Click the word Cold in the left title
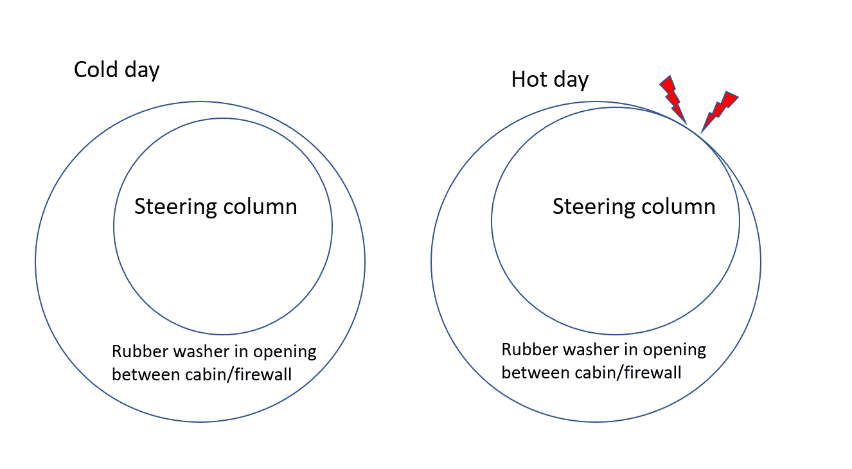[x=96, y=69]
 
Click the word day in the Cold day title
[x=142, y=71]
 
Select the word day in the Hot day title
[x=571, y=80]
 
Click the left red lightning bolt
[x=673, y=98]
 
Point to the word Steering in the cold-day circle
[x=175, y=208]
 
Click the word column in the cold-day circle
[x=260, y=206]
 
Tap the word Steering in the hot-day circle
[x=594, y=208]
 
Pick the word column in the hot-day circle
[x=679, y=206]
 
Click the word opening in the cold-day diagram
[x=285, y=353]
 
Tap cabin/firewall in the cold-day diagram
[x=238, y=375]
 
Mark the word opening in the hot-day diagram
[x=675, y=351]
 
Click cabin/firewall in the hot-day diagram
[x=628, y=373]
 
